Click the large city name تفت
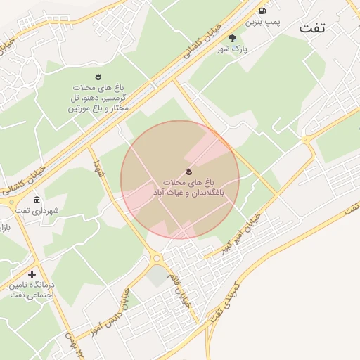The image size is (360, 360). click(314, 27)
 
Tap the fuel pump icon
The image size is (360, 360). click(262, 11)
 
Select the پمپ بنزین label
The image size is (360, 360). click(262, 22)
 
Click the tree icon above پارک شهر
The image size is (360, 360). click(233, 38)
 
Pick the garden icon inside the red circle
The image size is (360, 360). click(188, 172)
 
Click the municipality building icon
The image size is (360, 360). click(37, 200)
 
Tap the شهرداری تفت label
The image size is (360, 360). click(40, 210)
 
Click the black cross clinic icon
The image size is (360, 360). click(32, 274)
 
